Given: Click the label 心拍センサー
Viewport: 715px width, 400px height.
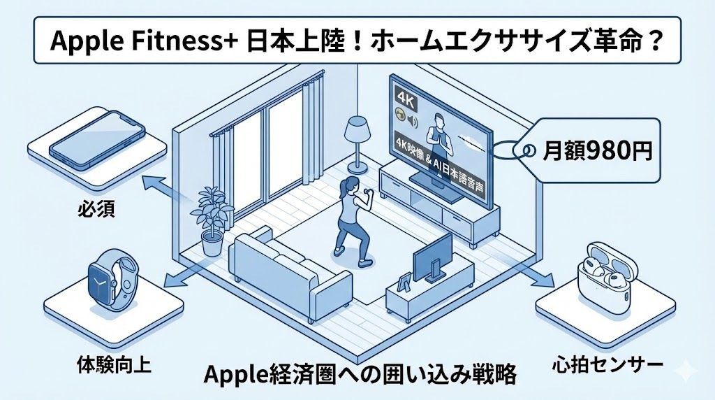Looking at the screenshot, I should coord(597,364).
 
